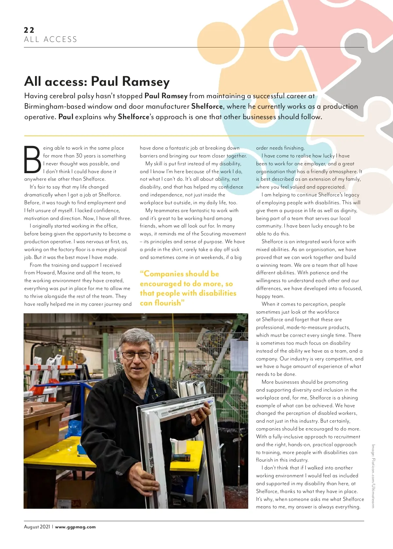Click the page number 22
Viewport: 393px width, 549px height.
click(x=29, y=30)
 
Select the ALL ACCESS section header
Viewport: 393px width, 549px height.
click(x=50, y=40)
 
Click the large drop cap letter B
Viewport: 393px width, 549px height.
click(x=32, y=160)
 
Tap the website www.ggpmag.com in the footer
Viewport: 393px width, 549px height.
click(x=75, y=527)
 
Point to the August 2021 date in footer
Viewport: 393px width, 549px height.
click(x=37, y=527)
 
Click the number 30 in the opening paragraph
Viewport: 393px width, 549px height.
click(x=79, y=156)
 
